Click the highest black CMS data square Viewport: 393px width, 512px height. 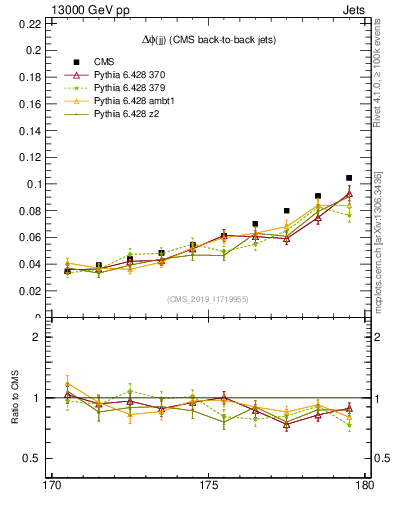tap(349, 178)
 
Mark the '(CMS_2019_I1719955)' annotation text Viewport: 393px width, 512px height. tap(208, 298)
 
